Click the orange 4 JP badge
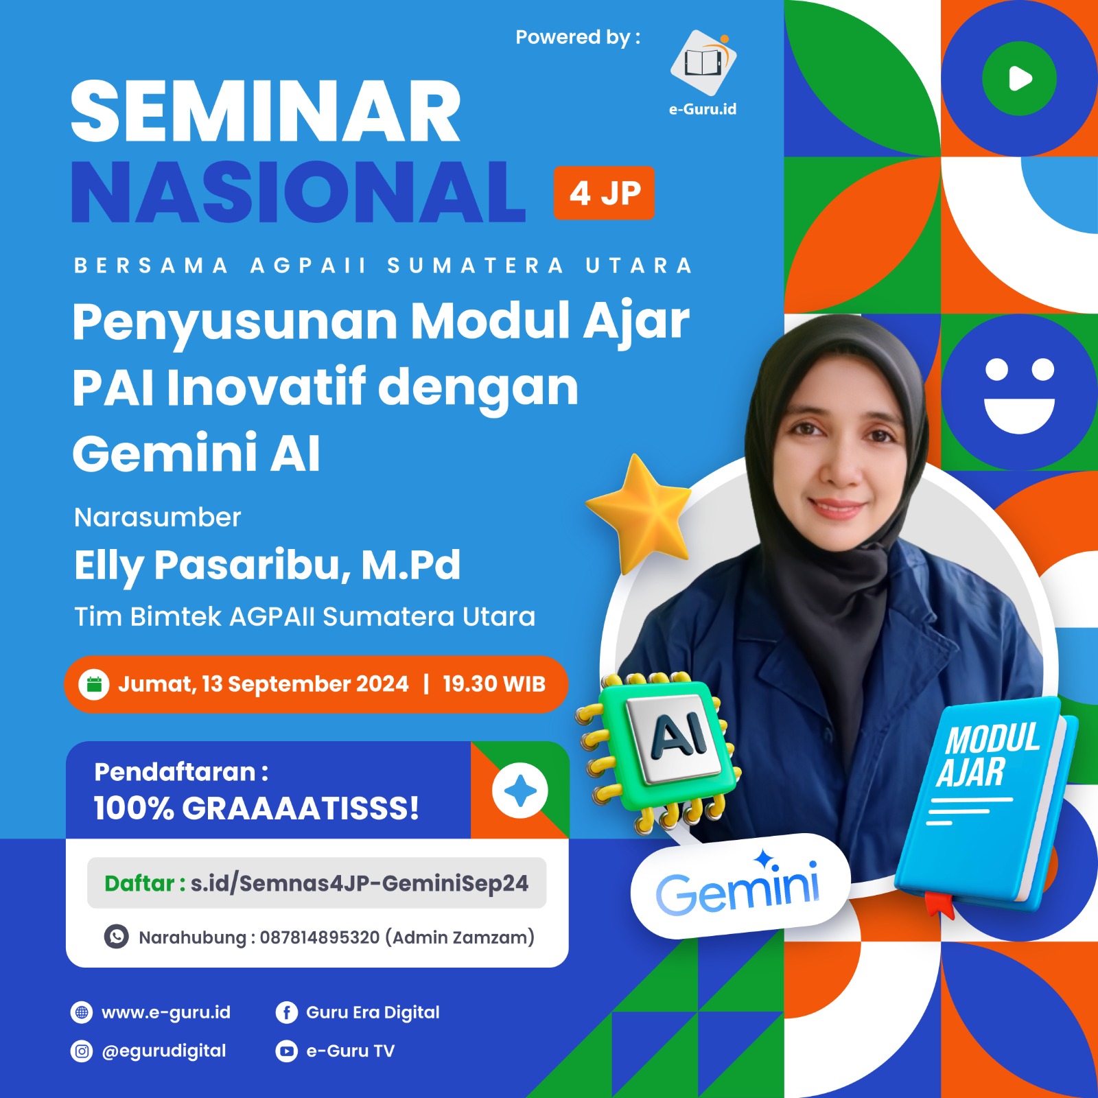[x=604, y=193]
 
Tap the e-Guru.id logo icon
[x=703, y=62]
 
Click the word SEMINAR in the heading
[x=266, y=111]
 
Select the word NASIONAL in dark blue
[x=298, y=193]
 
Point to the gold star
[x=640, y=513]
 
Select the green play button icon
[x=1019, y=78]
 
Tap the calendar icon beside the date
[x=94, y=684]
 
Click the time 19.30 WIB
[x=494, y=684]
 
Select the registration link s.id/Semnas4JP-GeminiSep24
[x=360, y=883]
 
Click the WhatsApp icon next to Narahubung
[x=116, y=937]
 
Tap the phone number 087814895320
[x=319, y=937]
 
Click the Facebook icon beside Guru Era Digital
[x=286, y=1012]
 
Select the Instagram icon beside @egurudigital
[x=82, y=1051]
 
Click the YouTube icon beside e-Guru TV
[x=286, y=1051]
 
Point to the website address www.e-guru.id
[x=166, y=1012]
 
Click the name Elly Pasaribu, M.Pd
[x=267, y=565]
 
